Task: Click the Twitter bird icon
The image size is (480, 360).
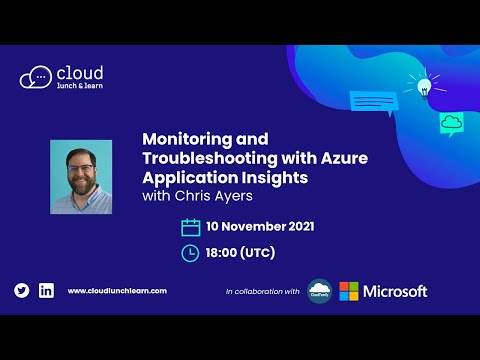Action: [22, 290]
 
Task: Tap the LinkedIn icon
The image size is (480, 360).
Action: [46, 290]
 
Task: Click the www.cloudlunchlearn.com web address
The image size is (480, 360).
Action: [117, 291]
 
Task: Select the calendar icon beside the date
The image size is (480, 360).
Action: [190, 227]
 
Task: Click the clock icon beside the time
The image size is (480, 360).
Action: [190, 253]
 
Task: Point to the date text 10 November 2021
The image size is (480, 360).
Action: [260, 227]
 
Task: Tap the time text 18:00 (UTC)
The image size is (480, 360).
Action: [240, 253]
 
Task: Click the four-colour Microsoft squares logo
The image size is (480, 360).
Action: [349, 291]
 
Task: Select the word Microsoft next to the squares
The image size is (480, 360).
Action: [396, 291]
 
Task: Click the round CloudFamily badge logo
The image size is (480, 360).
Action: [320, 291]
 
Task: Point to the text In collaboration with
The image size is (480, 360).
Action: [262, 292]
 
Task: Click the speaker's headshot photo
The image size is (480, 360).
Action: [81, 177]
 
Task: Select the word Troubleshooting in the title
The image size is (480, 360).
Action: [209, 161]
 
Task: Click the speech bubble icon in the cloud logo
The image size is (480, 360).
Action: [36, 77]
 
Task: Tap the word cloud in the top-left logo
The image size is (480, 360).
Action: [81, 72]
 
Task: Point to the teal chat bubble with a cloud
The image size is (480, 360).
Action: [452, 124]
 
